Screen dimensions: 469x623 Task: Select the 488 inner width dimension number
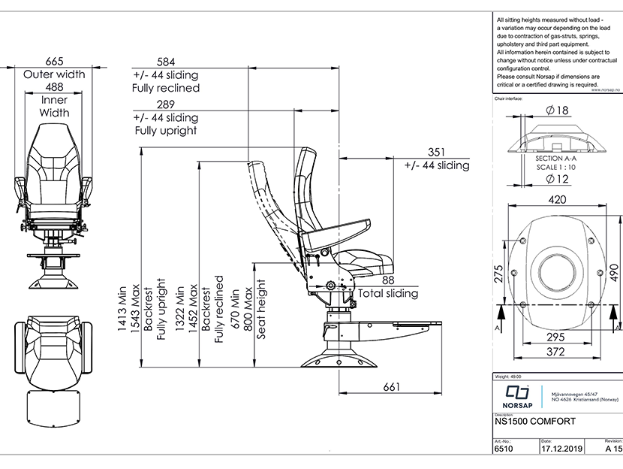tap(54, 87)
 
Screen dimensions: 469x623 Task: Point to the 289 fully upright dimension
tap(166, 104)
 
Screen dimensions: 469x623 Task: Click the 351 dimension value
tap(437, 151)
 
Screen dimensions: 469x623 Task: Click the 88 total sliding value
tap(387, 280)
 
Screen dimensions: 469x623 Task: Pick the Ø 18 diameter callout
tap(555, 110)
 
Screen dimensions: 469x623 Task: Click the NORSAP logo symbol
tap(517, 393)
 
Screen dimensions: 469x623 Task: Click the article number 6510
tap(503, 449)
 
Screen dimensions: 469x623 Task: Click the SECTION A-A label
tap(555, 160)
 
